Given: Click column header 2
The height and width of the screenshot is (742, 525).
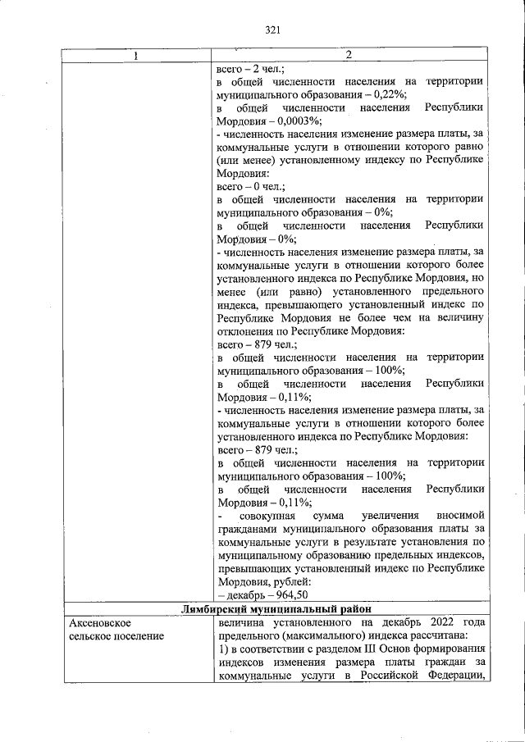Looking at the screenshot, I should coord(349,55).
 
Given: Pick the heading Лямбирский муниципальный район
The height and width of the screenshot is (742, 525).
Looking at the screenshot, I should coord(276,608).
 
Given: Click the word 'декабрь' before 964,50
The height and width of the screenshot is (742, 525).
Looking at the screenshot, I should coord(247,595).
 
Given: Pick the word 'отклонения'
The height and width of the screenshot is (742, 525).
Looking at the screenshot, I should coord(245,331).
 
